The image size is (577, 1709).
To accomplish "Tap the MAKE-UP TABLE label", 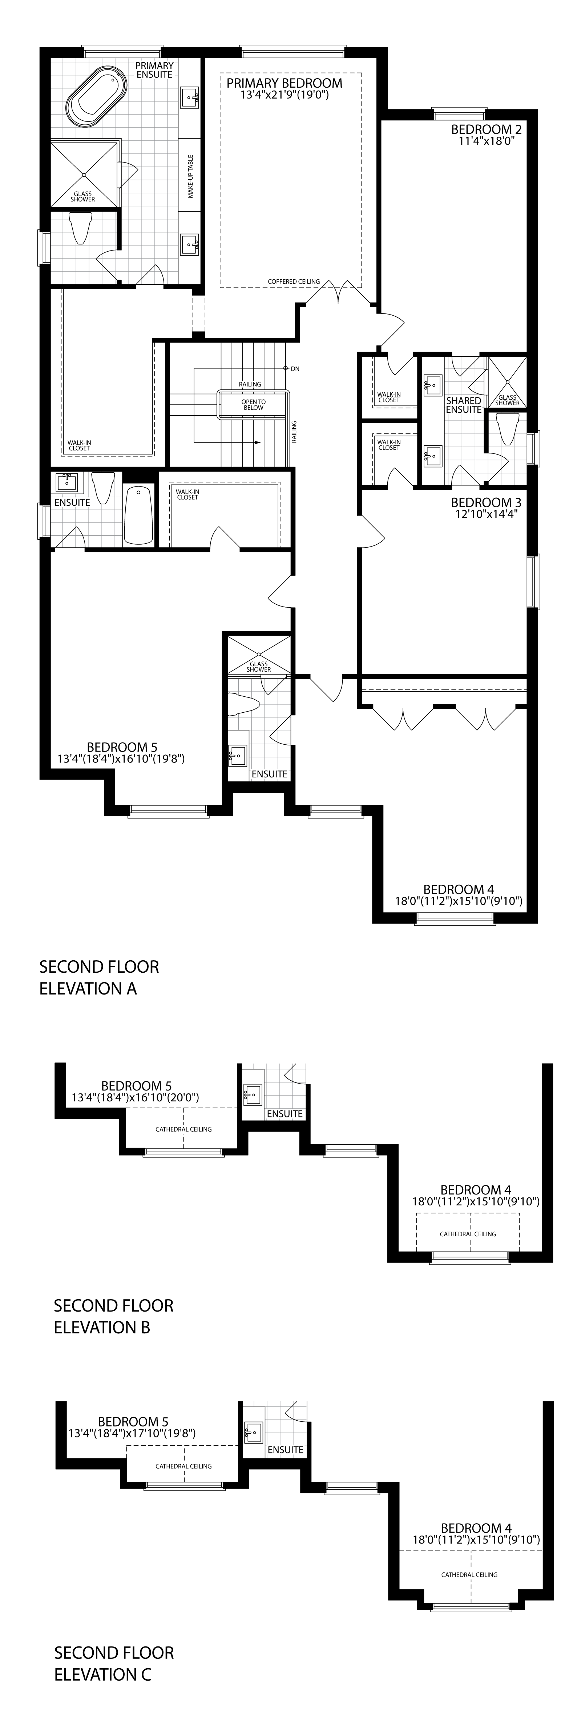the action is [x=190, y=176].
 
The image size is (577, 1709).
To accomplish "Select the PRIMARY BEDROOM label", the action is [x=285, y=83].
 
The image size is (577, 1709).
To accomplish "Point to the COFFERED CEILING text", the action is [x=294, y=281].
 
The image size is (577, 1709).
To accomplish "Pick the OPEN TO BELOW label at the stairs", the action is [x=253, y=405].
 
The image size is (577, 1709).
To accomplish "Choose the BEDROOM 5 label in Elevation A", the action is [x=122, y=747].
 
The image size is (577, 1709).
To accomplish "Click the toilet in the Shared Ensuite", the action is [x=509, y=429].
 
